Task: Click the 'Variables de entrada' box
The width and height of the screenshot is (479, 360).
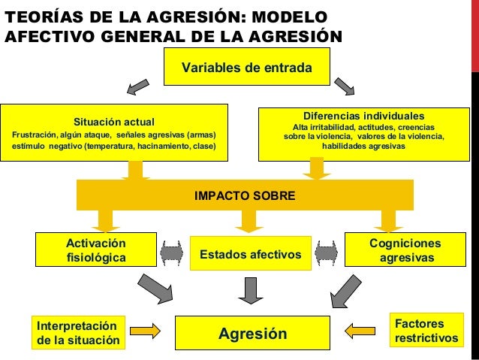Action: [247, 67]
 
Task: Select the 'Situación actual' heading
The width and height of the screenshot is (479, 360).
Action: [113, 121]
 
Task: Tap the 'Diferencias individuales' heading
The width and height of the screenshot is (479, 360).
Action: [363, 116]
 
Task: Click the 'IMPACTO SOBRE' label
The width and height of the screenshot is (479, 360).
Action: [245, 195]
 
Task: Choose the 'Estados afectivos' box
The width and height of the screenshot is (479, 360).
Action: [250, 256]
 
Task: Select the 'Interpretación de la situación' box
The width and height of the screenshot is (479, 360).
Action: [77, 332]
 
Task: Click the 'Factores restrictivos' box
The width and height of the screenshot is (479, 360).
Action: [426, 331]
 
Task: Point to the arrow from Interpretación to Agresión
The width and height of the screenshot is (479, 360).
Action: [146, 330]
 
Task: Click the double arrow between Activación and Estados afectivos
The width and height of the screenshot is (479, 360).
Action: [172, 253]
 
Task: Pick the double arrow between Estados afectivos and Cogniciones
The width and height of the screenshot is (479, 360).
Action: [327, 252]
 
